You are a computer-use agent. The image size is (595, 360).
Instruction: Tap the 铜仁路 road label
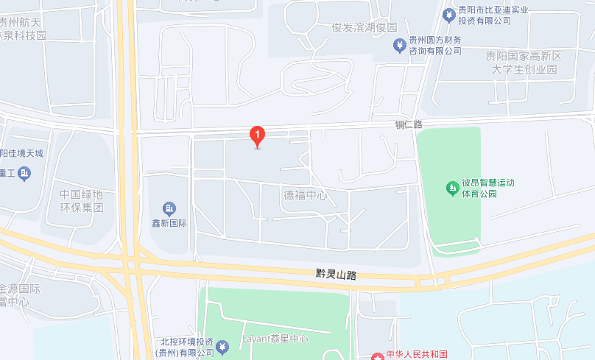point(409,125)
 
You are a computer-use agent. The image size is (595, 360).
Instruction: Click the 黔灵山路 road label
point(336,274)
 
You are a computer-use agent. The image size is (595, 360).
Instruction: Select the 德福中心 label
point(306,196)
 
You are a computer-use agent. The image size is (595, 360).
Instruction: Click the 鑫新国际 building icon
point(169,208)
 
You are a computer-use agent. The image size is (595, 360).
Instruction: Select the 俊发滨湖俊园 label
point(365,27)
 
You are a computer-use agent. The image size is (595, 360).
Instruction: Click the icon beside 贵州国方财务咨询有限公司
point(398,46)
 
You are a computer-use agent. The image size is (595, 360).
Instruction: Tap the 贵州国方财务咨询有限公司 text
point(435,46)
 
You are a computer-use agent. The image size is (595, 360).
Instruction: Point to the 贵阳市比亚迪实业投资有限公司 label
point(485,15)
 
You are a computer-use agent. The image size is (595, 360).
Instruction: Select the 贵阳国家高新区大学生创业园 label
point(524,63)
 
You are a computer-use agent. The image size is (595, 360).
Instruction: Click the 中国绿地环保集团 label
point(82,201)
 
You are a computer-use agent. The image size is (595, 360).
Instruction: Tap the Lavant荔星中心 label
point(275,339)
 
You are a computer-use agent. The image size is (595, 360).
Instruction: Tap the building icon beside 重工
point(25,174)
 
